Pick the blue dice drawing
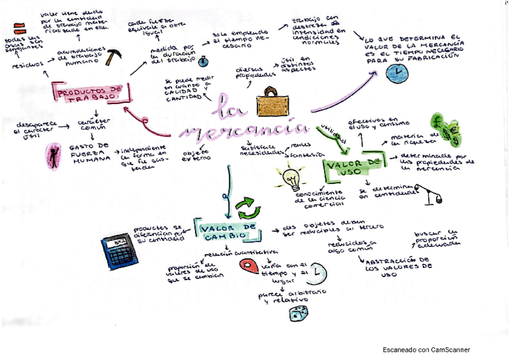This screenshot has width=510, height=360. click(298, 314)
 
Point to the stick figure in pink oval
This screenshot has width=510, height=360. click(54, 156)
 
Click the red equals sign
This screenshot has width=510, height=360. click(19, 27)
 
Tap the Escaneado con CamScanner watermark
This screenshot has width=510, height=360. click(426, 350)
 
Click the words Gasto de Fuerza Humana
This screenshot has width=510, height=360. click(90, 153)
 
